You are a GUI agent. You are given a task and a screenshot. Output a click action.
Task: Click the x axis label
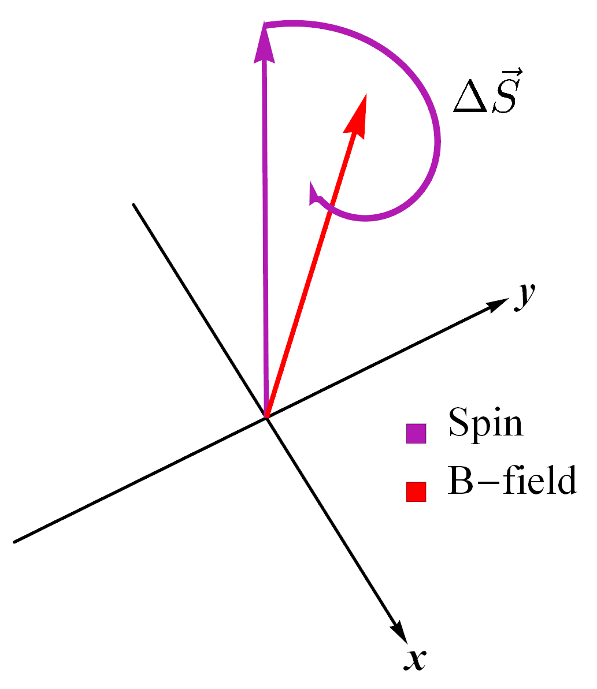[x=414, y=659]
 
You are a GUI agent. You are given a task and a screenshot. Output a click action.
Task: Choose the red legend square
[x=416, y=491]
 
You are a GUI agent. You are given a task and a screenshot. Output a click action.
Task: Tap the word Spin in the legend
[x=485, y=423]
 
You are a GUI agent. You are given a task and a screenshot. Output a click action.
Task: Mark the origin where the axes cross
[x=266, y=416]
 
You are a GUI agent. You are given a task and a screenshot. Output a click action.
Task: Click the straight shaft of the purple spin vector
[x=265, y=231]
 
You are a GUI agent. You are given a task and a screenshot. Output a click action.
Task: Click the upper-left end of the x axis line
[x=134, y=205]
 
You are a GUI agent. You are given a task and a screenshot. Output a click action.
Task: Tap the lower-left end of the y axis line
[x=14, y=541]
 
